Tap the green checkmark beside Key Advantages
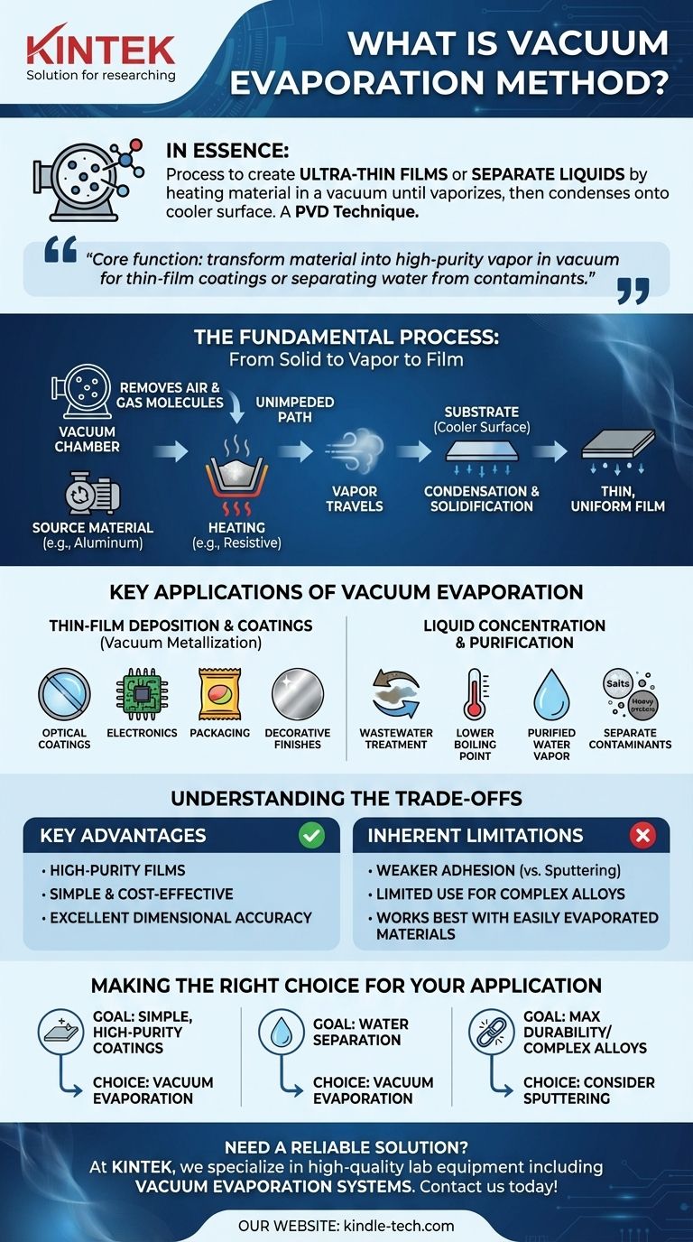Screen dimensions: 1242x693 [x=311, y=836]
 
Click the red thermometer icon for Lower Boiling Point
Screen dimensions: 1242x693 [x=475, y=696]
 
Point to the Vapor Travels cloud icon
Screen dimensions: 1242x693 [x=355, y=450]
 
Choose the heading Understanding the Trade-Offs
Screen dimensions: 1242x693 [x=346, y=798]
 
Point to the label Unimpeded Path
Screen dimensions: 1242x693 [x=282, y=410]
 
